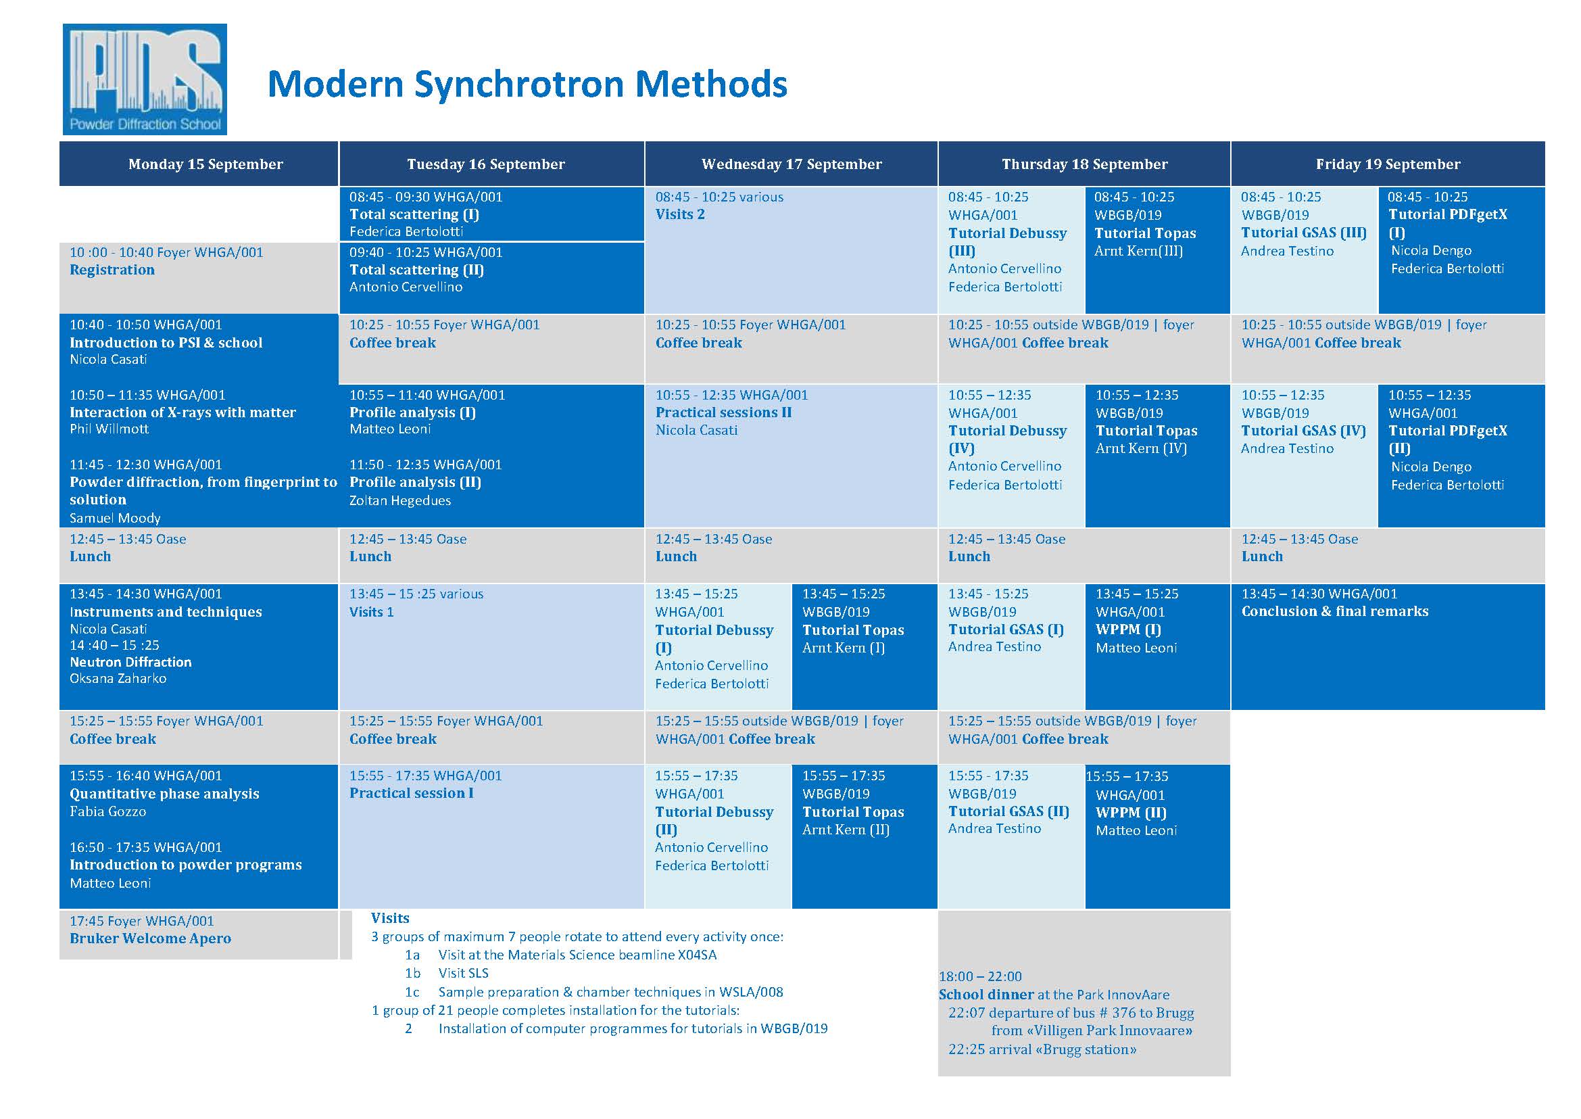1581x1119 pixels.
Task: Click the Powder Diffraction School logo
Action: click(x=145, y=79)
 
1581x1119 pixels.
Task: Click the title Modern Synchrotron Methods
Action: click(x=527, y=84)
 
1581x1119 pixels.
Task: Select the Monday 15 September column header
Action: click(x=205, y=164)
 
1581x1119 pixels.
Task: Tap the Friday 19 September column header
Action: click(x=1388, y=164)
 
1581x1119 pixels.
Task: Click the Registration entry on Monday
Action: click(x=112, y=269)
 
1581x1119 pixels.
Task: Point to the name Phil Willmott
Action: click(x=109, y=429)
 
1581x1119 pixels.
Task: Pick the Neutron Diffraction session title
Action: click(x=131, y=661)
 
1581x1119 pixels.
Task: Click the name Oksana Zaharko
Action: click(x=118, y=678)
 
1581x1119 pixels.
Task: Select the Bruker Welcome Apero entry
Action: click(x=150, y=938)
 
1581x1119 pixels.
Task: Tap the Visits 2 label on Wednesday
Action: click(x=680, y=214)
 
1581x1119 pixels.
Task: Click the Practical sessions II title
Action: click(x=723, y=412)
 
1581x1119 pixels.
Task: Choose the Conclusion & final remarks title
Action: click(x=1335, y=611)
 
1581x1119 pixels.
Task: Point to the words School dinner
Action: click(x=986, y=995)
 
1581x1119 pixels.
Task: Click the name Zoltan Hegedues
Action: click(x=400, y=500)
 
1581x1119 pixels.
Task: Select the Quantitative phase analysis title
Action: click(x=165, y=794)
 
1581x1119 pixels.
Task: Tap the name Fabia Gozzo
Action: click(x=108, y=811)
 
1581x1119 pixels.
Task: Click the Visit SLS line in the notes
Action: click(x=464, y=973)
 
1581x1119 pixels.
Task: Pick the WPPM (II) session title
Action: click(x=1131, y=813)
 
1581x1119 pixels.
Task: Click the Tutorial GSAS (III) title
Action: click(x=1304, y=233)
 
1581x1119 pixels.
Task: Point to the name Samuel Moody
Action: click(x=115, y=517)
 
